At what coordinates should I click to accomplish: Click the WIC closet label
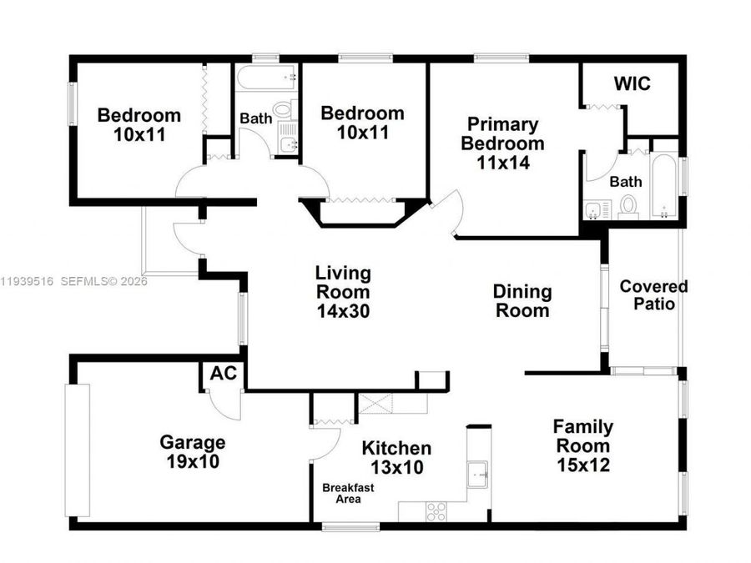coord(633,84)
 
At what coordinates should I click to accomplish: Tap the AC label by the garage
coord(223,374)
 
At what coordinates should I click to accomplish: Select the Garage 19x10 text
coord(193,452)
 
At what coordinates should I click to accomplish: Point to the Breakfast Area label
coord(342,493)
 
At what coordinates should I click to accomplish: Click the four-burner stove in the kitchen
coord(436,510)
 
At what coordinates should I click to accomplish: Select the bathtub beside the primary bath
coord(664,185)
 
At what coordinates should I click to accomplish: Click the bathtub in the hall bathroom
coord(266,79)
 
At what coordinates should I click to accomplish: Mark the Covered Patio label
coord(653,295)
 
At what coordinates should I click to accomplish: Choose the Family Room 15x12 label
coord(583,446)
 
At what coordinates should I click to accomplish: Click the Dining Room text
coord(522,301)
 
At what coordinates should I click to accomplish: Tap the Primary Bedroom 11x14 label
coord(503,143)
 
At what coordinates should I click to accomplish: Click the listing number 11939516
coord(27,282)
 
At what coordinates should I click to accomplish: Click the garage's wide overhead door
coord(77,450)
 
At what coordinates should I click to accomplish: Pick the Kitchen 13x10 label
coord(396,458)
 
